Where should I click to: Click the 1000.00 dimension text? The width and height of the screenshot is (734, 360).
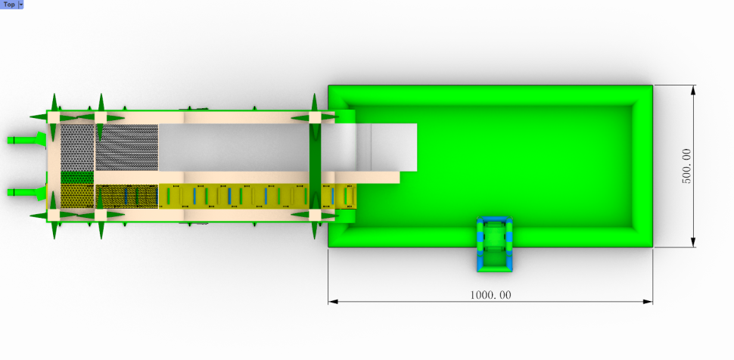point(490,295)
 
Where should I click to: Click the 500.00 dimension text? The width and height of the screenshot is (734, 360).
point(686,166)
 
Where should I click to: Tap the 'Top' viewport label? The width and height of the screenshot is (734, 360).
point(9,5)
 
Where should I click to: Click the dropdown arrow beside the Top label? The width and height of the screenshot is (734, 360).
point(20,5)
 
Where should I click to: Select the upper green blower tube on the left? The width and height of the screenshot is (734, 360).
point(26,139)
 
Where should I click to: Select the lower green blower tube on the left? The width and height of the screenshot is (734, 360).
point(26,192)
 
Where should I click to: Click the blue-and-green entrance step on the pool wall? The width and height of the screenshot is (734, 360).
point(494,244)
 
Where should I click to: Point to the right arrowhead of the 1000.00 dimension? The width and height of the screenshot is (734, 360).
point(648,302)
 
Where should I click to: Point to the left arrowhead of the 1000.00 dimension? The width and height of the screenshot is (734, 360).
point(333,302)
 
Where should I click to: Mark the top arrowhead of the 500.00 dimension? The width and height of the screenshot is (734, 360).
point(693,90)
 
